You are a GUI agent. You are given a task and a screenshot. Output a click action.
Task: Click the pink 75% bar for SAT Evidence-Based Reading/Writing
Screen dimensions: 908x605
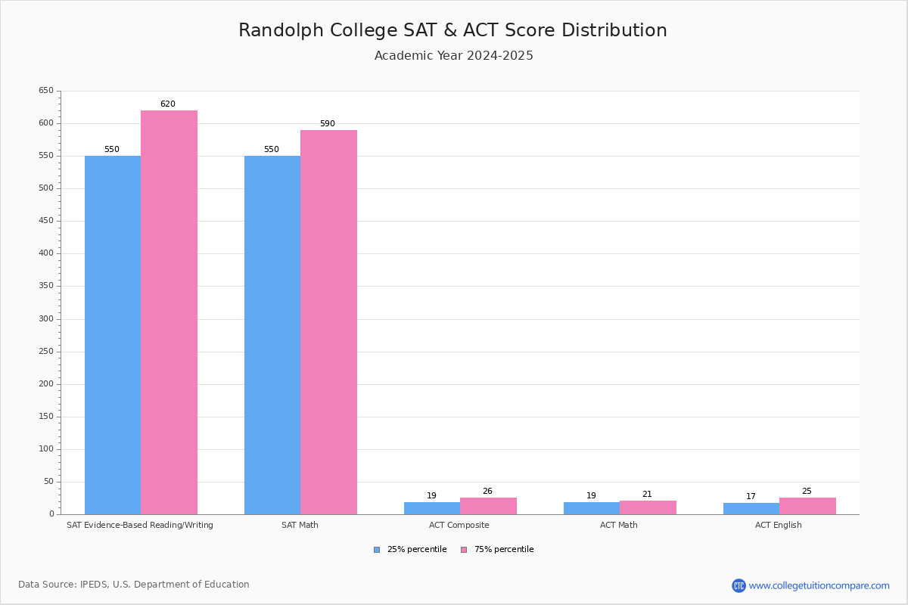tap(169, 312)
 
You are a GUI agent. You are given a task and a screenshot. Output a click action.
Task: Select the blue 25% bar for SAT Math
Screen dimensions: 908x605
tap(272, 335)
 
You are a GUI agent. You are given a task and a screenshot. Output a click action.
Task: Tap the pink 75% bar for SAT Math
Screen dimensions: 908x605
tap(328, 322)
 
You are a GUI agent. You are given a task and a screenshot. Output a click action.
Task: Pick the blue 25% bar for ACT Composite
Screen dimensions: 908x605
tap(432, 508)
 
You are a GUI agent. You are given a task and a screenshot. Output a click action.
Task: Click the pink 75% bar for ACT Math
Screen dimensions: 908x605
tap(648, 507)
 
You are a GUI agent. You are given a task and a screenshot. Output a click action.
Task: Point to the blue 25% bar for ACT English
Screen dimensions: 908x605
tap(751, 509)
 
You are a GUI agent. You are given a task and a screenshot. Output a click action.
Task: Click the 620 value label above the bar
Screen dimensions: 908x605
tap(168, 104)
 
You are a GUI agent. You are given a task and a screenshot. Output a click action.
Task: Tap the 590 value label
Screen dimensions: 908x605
tap(328, 123)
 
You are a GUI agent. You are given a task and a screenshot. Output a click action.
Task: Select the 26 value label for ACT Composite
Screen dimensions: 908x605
tap(487, 491)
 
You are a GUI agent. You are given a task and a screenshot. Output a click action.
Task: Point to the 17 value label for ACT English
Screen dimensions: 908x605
tap(751, 496)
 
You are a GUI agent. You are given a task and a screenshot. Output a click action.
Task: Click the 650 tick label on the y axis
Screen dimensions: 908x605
tap(46, 90)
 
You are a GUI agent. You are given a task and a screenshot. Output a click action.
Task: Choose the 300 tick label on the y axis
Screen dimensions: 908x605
tap(46, 318)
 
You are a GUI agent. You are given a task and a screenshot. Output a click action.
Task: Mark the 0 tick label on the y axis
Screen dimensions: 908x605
tap(52, 513)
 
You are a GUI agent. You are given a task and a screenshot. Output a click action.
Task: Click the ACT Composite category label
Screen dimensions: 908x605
tap(459, 525)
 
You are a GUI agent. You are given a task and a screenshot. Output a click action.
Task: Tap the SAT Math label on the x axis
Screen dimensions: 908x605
tap(300, 525)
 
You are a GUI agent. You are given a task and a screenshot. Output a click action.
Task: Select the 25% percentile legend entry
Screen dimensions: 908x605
tap(410, 550)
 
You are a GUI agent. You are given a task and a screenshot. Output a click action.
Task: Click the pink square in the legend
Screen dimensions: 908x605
tap(464, 550)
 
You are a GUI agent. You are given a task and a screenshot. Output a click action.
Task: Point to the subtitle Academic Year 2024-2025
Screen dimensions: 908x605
tap(453, 55)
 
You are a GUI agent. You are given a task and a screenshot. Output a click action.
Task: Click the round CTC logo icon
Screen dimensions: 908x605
tap(739, 585)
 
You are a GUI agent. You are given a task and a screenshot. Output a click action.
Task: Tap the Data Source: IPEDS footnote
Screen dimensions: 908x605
tap(134, 585)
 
